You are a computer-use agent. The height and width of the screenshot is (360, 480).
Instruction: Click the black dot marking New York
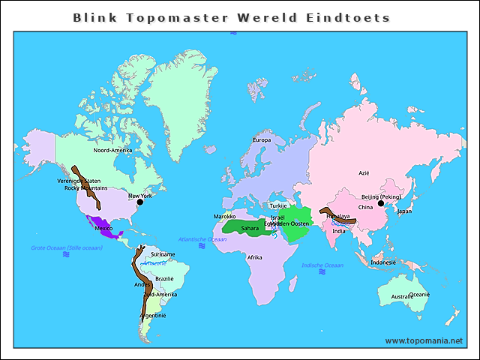[x=139, y=202]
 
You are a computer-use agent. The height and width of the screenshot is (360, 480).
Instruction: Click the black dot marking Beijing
[x=381, y=202]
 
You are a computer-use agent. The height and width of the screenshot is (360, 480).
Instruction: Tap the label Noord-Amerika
[x=112, y=150]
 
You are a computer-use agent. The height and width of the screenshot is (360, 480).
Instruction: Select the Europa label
[x=262, y=140]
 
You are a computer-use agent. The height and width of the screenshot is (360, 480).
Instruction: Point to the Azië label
[x=364, y=172]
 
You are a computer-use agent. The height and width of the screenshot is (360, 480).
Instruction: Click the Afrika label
[x=255, y=257]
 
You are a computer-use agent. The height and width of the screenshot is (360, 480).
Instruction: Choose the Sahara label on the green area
[x=250, y=228]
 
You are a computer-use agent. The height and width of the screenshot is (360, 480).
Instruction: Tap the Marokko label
[x=225, y=216]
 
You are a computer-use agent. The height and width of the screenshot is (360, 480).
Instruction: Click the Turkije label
[x=278, y=205]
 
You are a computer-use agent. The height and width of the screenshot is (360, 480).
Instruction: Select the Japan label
[x=404, y=211]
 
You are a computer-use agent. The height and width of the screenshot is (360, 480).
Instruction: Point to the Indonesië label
[x=383, y=262]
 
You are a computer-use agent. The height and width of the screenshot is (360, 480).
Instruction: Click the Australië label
[x=402, y=297]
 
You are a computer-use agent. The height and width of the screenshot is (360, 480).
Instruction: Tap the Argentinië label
[x=153, y=315]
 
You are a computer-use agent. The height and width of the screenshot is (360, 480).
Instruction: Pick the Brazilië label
[x=164, y=278]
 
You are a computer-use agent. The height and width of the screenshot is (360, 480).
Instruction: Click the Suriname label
[x=163, y=254]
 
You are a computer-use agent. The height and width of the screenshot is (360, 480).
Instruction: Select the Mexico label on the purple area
[x=103, y=227]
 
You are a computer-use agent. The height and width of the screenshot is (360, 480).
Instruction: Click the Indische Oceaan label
[x=322, y=265]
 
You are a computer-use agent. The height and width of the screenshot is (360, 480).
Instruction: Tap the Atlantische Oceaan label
[x=202, y=239]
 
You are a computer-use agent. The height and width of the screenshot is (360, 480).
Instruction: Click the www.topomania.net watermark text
[x=424, y=340]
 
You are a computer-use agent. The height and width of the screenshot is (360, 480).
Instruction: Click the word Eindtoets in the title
[x=353, y=16]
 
